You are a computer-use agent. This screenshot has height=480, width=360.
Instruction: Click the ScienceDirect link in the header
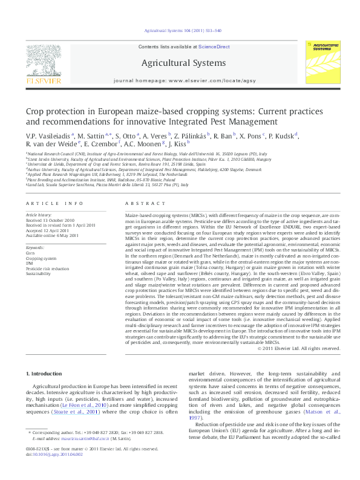(x=214, y=46)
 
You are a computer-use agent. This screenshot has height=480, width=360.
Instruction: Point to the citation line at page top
(x=180, y=30)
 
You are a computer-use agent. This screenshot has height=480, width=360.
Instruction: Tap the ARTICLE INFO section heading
(x=54, y=204)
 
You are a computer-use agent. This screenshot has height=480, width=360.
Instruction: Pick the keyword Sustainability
(x=38, y=274)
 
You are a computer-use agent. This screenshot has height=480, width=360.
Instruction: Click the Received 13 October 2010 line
(x=50, y=220)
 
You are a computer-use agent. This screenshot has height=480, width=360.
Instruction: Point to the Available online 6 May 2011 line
(x=51, y=235)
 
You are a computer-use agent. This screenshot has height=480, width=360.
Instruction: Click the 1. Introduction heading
(x=47, y=357)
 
